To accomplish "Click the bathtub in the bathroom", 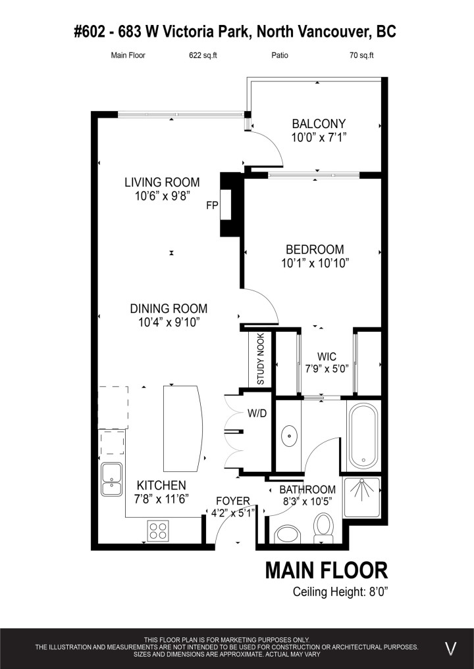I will point(363,434).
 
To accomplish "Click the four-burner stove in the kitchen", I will point(157,529).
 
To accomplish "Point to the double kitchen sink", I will point(111,479).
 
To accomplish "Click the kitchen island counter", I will point(182,428).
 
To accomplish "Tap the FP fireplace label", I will point(212,206).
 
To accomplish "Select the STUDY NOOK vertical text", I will point(261,361).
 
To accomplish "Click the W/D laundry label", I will point(257,415).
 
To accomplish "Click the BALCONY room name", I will point(319,124).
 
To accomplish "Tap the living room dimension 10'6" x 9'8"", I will point(162,196).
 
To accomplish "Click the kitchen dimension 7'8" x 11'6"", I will point(161,499).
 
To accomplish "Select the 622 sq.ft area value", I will point(203,56).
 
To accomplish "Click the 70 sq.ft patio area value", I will point(361,56).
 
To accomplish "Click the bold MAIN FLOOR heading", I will point(326,570).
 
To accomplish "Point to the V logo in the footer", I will point(451,649).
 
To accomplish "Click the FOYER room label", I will point(233,501).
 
